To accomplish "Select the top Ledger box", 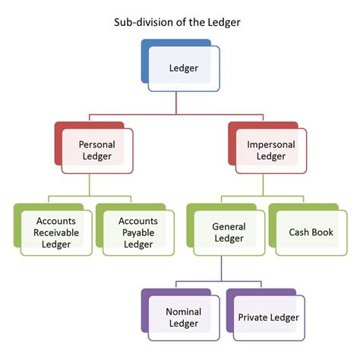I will coord(183,68).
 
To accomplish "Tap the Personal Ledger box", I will coord(96,150).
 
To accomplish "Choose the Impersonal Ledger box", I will coord(267,150).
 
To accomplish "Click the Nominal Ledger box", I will coord(182,317).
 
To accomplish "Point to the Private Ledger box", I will coord(268,317).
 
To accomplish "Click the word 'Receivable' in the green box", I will coord(55,232).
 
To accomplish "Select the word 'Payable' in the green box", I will coord(137,232).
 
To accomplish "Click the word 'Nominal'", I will coord(182,311).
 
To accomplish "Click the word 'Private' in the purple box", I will coord(253,317).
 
